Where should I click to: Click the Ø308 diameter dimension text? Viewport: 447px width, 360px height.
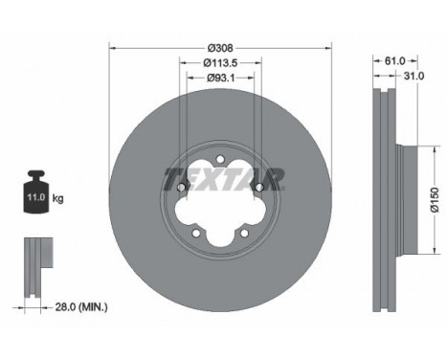[x=220, y=45]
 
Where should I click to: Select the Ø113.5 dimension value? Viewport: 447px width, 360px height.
[x=220, y=65]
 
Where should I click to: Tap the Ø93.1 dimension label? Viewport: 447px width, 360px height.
[x=220, y=83]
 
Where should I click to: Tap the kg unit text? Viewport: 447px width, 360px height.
[x=57, y=199]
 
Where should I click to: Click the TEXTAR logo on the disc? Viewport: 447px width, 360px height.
[x=223, y=179]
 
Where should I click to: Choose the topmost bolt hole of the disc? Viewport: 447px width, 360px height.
[x=220, y=159]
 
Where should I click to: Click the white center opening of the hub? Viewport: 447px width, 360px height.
[x=220, y=201]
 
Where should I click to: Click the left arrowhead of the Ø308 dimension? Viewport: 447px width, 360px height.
[x=112, y=46]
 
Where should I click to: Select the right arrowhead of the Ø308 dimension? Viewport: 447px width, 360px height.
[x=328, y=46]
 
